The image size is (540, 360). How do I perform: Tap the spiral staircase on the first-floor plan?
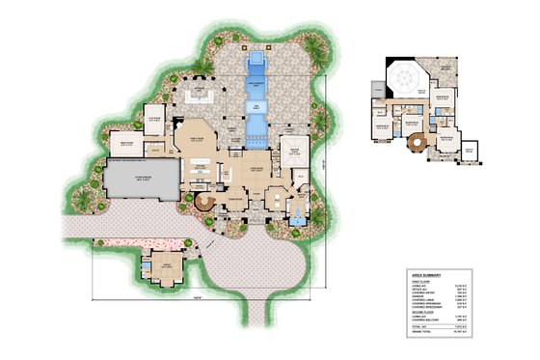coord(204,203)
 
